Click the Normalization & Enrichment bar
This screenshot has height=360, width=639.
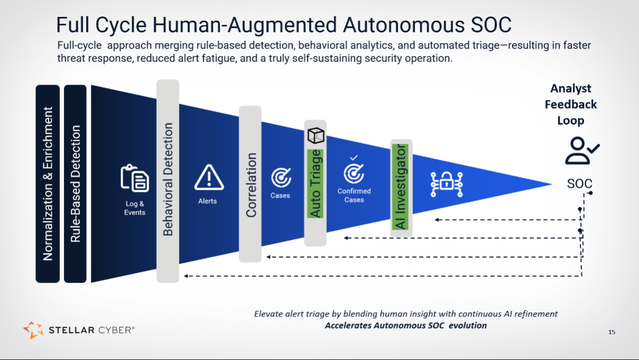[48, 184]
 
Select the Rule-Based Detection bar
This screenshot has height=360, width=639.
[75, 184]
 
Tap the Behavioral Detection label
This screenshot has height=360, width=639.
[168, 179]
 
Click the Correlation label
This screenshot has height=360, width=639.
[251, 185]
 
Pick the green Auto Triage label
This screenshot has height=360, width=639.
[315, 183]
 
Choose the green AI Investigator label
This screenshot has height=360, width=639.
[400, 187]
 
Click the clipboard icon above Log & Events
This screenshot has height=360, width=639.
[135, 178]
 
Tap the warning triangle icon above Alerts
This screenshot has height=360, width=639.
[209, 177]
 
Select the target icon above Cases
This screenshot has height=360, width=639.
[281, 177]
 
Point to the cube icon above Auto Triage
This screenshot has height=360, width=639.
[316, 135]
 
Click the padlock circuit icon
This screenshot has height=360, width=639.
[446, 184]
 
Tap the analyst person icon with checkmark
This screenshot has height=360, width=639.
[582, 151]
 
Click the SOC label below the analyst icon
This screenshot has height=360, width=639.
[579, 183]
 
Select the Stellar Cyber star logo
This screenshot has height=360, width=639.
[33, 330]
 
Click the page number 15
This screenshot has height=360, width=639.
[611, 332]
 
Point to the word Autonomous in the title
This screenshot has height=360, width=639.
[404, 25]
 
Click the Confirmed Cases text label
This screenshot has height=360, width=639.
[354, 195]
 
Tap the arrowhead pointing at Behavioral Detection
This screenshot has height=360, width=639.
[186, 276]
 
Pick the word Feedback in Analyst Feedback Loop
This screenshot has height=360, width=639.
[571, 105]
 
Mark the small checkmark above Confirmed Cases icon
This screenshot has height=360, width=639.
[354, 158]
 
